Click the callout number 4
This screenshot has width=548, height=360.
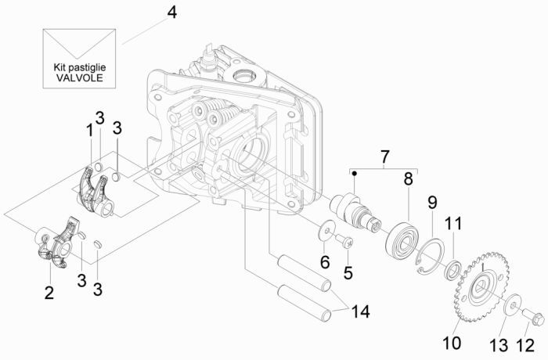pos(172,14)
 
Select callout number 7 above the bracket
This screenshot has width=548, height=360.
pos(385,158)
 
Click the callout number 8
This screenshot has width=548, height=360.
pos(407,178)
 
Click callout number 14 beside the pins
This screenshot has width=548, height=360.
pos(359,311)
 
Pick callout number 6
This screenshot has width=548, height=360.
pos(323,261)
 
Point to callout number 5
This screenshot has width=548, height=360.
pos(348,273)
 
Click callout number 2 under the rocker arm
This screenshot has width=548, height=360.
pos(49,293)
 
